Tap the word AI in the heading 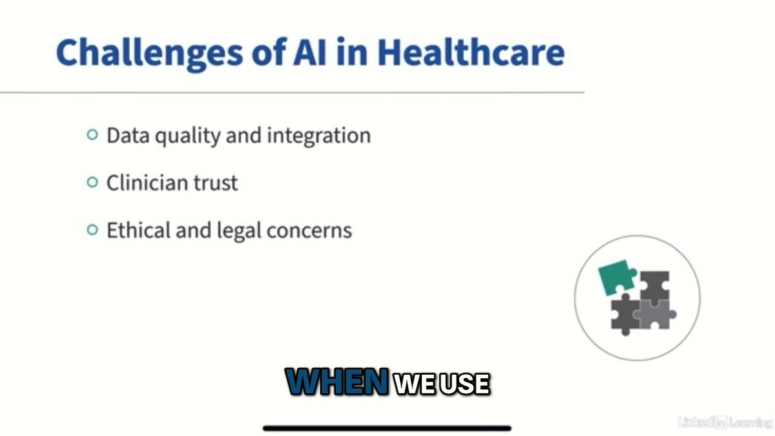(309, 52)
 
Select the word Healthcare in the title (471, 52)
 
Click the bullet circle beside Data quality (92, 134)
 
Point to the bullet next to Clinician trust (92, 182)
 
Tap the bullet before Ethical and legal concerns (92, 229)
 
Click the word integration (318, 136)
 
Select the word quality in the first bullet (187, 136)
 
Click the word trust (216, 183)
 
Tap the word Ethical (138, 230)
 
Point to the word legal (239, 231)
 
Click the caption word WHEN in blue (337, 382)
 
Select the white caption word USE (464, 384)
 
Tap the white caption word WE (414, 384)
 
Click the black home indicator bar (387, 428)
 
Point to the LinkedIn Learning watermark (725, 422)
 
